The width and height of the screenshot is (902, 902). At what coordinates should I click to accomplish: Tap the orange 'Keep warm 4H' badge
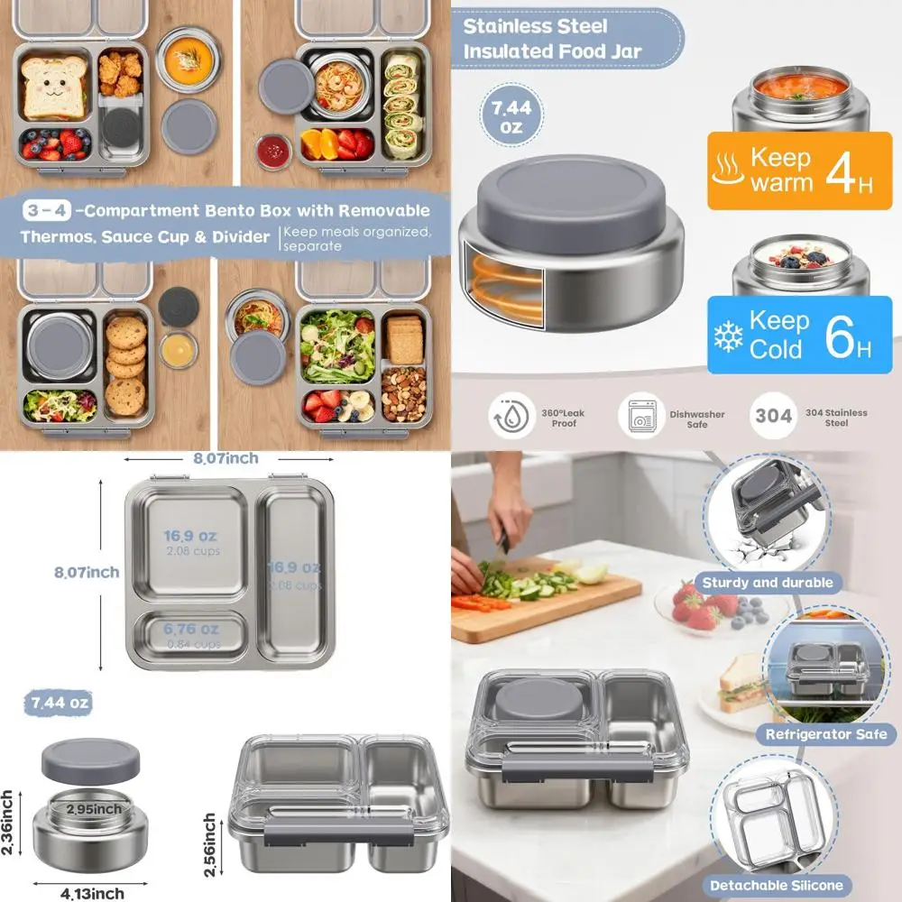click(x=787, y=171)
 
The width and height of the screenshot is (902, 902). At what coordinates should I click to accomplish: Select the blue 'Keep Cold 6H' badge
click(x=787, y=334)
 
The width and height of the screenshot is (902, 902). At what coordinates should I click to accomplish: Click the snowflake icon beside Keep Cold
click(x=727, y=336)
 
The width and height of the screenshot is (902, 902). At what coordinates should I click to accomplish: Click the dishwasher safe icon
click(x=637, y=418)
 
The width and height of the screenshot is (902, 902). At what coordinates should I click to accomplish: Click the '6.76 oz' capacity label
click(x=191, y=629)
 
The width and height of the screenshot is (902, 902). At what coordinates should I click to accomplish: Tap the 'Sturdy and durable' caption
click(x=768, y=583)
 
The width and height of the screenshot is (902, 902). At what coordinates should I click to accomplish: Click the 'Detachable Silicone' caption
click(x=776, y=885)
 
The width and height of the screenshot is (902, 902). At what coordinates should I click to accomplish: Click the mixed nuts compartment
click(x=403, y=393)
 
